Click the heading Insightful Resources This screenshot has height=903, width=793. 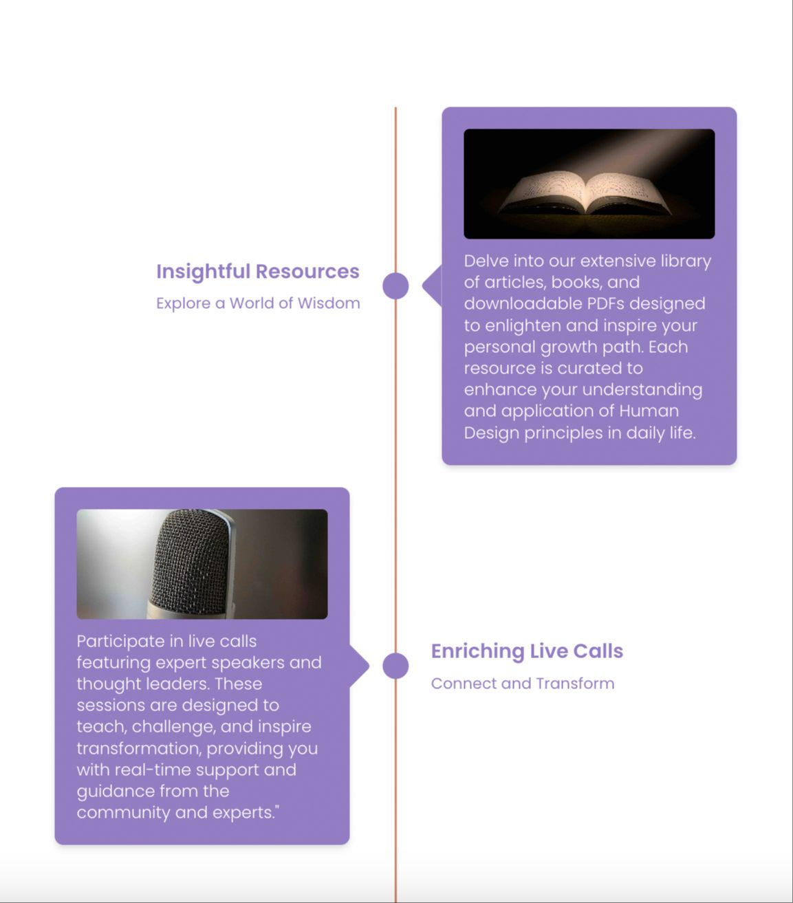pos(257,272)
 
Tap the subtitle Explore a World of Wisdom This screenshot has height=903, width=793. pos(258,303)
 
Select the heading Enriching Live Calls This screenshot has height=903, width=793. pos(527,651)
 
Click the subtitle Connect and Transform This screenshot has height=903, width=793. pos(523,684)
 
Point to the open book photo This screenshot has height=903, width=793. pos(589,184)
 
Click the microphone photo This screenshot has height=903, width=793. pos(202,564)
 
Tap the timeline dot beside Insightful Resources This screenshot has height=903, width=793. pos(395,285)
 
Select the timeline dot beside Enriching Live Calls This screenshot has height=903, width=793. pos(395,666)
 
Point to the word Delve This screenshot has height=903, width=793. pos(486,261)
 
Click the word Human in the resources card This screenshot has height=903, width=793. pos(649,411)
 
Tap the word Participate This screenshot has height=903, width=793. pos(120,642)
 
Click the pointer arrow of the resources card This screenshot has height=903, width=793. pos(431,285)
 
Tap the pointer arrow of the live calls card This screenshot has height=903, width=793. pos(360,666)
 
